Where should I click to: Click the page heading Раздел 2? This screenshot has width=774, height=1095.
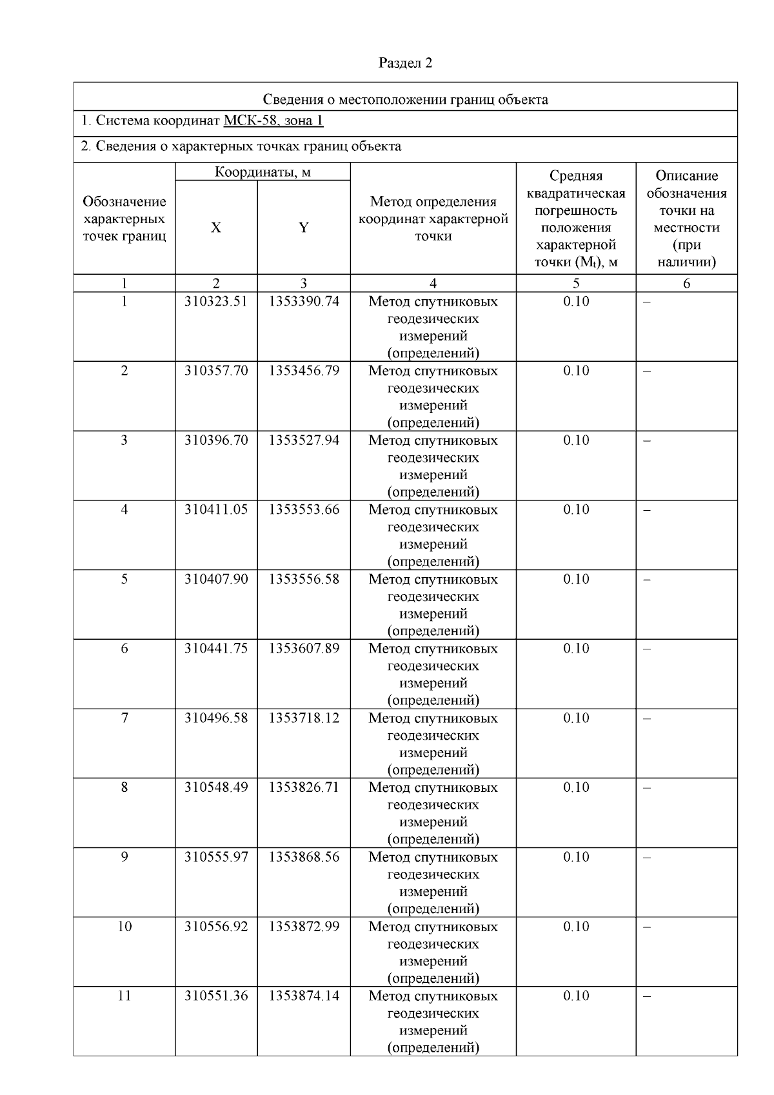[405, 63]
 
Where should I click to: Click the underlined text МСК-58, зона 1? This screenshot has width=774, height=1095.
[273, 121]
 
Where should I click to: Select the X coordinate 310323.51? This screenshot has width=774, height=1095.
[216, 301]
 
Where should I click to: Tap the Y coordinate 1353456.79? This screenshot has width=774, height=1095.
[304, 371]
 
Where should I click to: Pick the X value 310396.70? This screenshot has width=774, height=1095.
[216, 440]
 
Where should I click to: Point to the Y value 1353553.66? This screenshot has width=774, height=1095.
[304, 509]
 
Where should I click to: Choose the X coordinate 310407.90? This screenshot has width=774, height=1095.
[216, 579]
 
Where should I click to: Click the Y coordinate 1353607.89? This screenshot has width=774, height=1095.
[304, 648]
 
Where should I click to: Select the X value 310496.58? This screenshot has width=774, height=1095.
[216, 718]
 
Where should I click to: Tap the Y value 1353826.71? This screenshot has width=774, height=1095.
[304, 787]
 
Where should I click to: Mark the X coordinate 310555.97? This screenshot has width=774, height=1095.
[216, 857]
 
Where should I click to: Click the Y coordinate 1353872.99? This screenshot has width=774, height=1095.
[304, 926]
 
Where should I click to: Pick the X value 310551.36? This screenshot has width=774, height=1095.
[216, 996]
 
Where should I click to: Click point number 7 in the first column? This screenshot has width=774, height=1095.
[124, 718]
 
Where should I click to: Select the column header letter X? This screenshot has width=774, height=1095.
[216, 228]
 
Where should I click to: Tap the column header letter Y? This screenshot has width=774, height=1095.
[304, 228]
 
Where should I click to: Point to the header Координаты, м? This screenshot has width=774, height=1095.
[263, 172]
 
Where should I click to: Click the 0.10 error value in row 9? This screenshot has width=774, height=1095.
[576, 857]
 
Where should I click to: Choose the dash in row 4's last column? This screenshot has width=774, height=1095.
[648, 510]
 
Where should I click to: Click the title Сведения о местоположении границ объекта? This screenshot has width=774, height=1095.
[405, 99]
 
